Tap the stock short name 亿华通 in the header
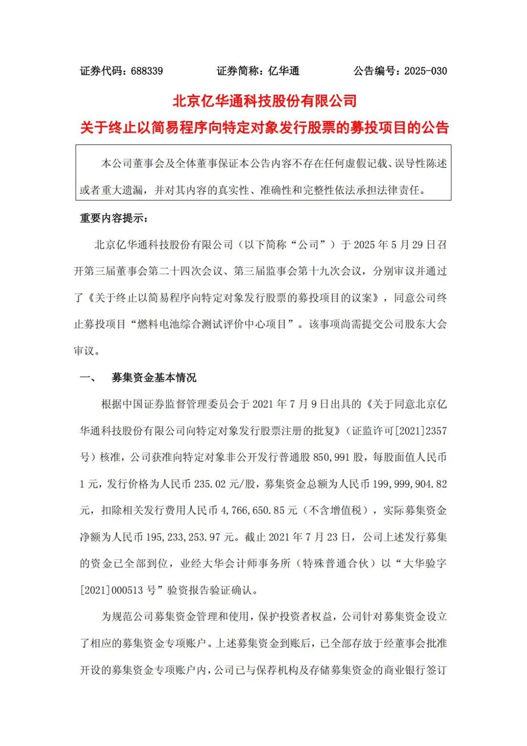click(x=284, y=71)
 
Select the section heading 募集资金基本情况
click(x=154, y=377)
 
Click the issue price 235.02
click(x=210, y=484)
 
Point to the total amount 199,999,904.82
click(x=410, y=484)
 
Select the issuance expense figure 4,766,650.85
click(x=253, y=511)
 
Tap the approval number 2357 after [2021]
click(x=436, y=431)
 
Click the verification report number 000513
click(x=127, y=590)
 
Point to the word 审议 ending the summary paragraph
click(x=84, y=351)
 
